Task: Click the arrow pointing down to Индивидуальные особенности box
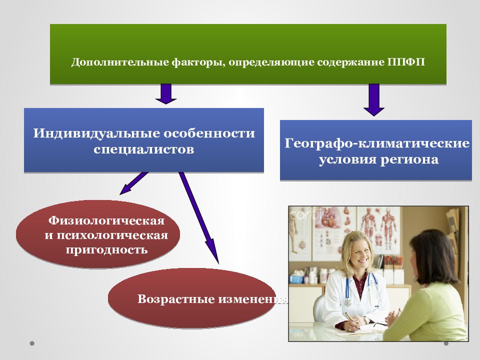pyautogui.click(x=166, y=93)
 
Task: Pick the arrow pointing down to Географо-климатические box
pyautogui.click(x=374, y=100)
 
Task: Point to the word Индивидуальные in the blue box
pyautogui.click(x=96, y=133)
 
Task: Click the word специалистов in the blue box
pyautogui.click(x=144, y=149)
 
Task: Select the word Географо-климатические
pyautogui.click(x=377, y=143)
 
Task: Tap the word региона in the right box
pyautogui.click(x=409, y=160)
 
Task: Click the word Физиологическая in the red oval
pyautogui.click(x=106, y=220)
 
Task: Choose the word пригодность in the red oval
pyautogui.click(x=107, y=250)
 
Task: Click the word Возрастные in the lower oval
pyautogui.click(x=176, y=299)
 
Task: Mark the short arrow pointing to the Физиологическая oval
pyautogui.click(x=134, y=183)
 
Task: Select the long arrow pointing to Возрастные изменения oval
pyautogui.click(x=199, y=217)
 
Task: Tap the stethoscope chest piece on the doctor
pyautogui.click(x=348, y=303)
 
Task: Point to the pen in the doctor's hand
pyautogui.click(x=352, y=321)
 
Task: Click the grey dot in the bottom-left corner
pyautogui.click(x=32, y=343)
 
